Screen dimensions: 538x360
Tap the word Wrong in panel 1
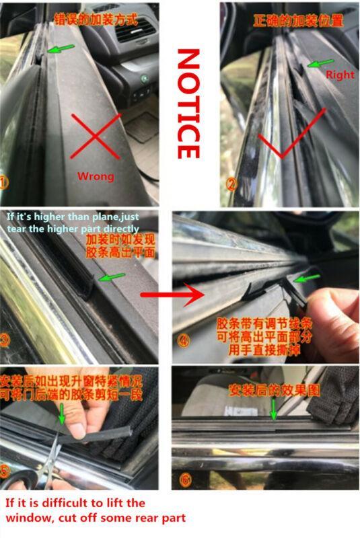pos(96,176)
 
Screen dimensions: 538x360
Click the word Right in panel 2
pos(340,75)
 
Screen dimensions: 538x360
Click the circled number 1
pos(6,182)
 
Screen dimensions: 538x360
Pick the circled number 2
pos(231,182)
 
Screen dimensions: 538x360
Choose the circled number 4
pos(184,340)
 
